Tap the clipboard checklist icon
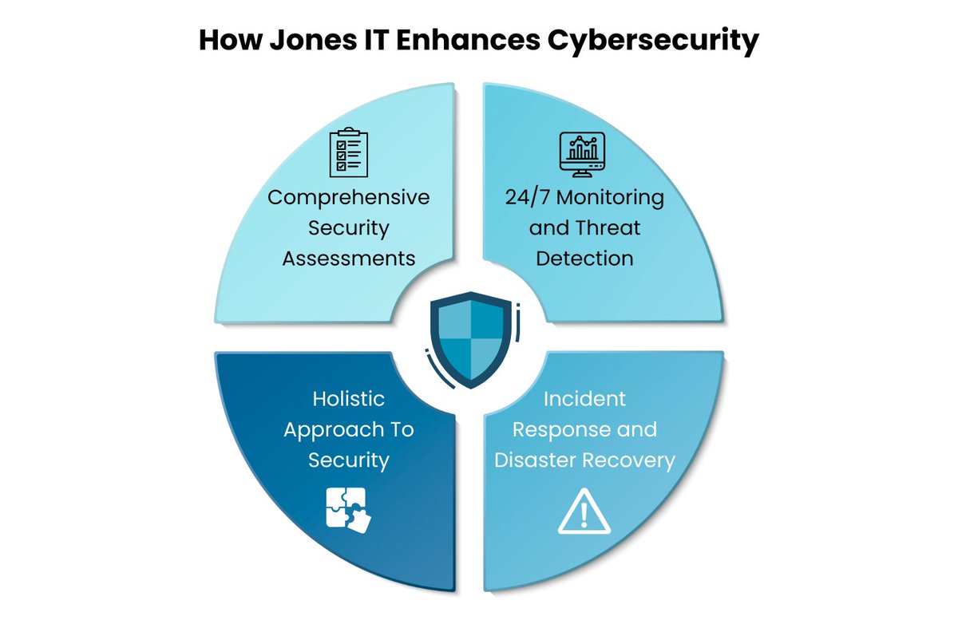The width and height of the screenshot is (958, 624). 349,152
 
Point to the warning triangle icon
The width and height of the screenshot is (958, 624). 584,511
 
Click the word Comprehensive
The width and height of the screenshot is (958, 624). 349,197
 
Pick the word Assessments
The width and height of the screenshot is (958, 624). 349,259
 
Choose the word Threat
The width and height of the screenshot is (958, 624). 608,228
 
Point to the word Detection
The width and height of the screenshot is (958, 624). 584,259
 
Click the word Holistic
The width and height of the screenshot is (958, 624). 349,398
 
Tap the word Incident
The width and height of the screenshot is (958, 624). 584,398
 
